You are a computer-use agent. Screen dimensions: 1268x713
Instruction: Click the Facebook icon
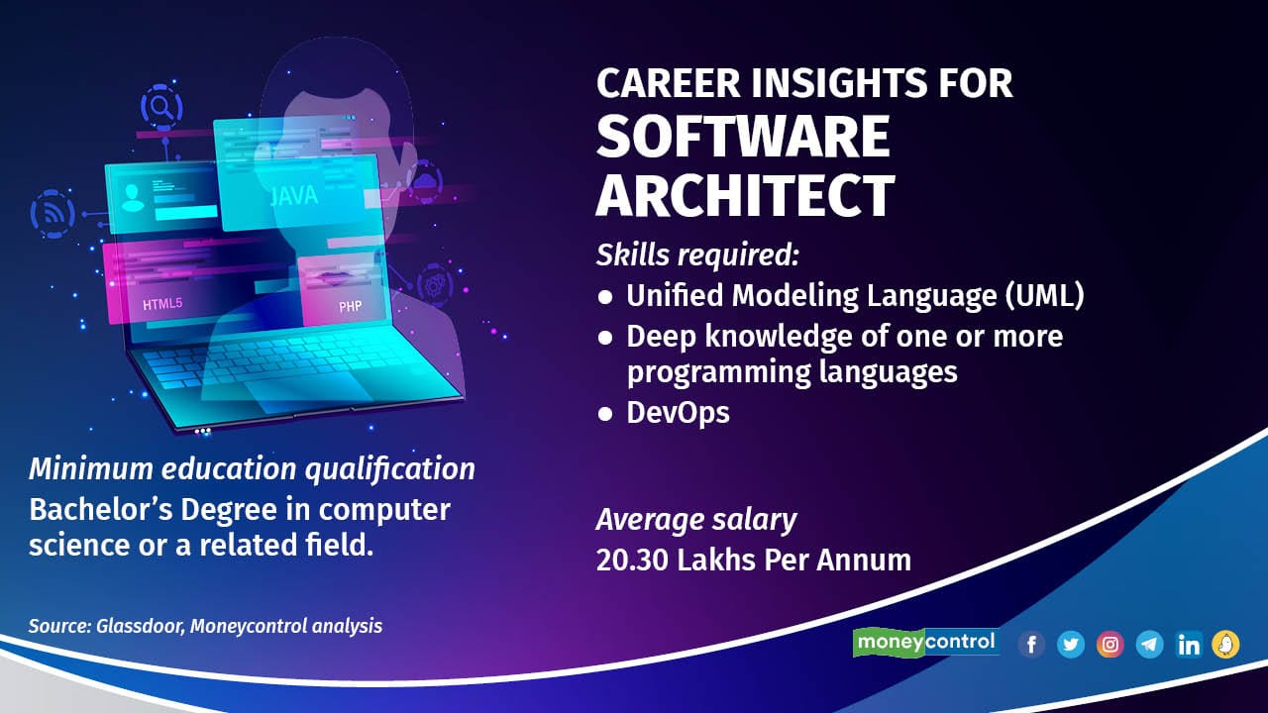[1031, 645]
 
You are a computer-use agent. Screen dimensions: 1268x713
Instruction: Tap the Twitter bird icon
[1071, 645]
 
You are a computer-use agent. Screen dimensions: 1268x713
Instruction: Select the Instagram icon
[1110, 645]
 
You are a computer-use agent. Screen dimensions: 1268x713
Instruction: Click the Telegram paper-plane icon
[1150, 645]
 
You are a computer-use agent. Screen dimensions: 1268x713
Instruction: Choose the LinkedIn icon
[1188, 645]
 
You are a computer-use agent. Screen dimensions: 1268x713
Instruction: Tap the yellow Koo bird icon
[1226, 645]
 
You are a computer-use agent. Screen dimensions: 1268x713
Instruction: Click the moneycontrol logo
[926, 643]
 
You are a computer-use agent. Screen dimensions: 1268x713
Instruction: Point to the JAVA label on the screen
[294, 196]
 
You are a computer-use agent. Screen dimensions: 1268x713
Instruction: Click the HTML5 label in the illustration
[162, 304]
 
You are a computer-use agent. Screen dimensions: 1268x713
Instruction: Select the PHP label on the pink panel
[350, 307]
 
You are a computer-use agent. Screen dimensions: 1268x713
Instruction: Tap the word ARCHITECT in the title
[746, 195]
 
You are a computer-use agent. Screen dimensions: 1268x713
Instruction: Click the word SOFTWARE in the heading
[743, 137]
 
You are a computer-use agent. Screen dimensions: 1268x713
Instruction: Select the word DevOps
[679, 413]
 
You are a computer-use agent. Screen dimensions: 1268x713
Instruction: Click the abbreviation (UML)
[1044, 296]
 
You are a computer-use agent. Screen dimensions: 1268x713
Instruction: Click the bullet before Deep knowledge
[605, 338]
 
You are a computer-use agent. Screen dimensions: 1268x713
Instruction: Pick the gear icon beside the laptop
[435, 284]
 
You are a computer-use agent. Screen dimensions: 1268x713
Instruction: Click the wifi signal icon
[53, 214]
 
